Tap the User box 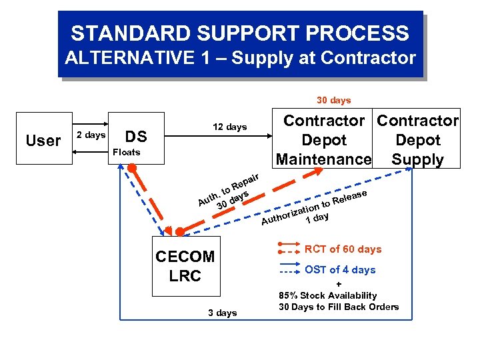click(43, 141)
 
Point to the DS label click(136, 137)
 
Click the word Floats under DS click(125, 152)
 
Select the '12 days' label click(229, 127)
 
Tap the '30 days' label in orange click(333, 100)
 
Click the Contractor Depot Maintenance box click(323, 140)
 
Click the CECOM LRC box click(185, 266)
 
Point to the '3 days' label click(222, 313)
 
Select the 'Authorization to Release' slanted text click(313, 207)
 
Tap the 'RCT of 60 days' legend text click(343, 249)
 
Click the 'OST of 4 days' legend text click(340, 269)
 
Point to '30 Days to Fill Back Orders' click(339, 307)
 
